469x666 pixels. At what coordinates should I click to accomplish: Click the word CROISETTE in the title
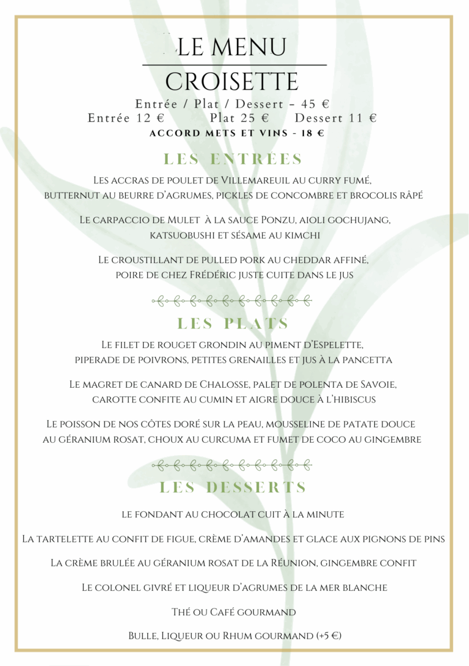pyautogui.click(x=232, y=82)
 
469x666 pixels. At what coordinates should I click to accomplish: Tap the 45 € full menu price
pyautogui.click(x=313, y=104)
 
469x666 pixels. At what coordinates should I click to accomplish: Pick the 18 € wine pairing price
pyautogui.click(x=311, y=133)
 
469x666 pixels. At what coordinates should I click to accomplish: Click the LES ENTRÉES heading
pyautogui.click(x=233, y=160)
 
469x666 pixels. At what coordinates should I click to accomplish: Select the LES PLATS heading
pyautogui.click(x=233, y=324)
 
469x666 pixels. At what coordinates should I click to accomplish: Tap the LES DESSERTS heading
pyautogui.click(x=233, y=487)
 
